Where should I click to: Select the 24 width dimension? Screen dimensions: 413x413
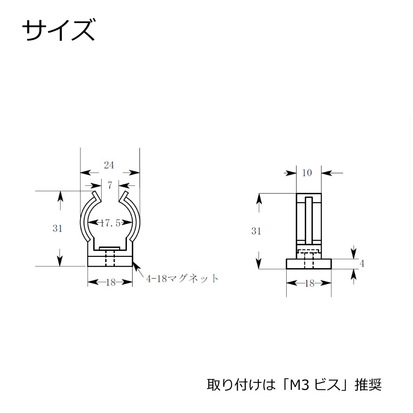tap(109, 165)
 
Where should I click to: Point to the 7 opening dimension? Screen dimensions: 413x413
tap(110, 185)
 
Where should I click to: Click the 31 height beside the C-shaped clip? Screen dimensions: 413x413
tap(57, 228)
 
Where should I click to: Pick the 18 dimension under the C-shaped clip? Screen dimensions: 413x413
tap(110, 282)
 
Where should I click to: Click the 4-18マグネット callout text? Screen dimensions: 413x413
tap(182, 279)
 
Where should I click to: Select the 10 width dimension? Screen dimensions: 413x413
tap(307, 173)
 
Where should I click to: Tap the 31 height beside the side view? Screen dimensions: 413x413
tap(256, 231)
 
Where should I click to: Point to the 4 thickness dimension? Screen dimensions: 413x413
tap(362, 263)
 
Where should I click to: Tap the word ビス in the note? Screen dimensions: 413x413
tap(327, 385)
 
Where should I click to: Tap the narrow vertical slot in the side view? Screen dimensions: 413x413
tap(309, 221)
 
